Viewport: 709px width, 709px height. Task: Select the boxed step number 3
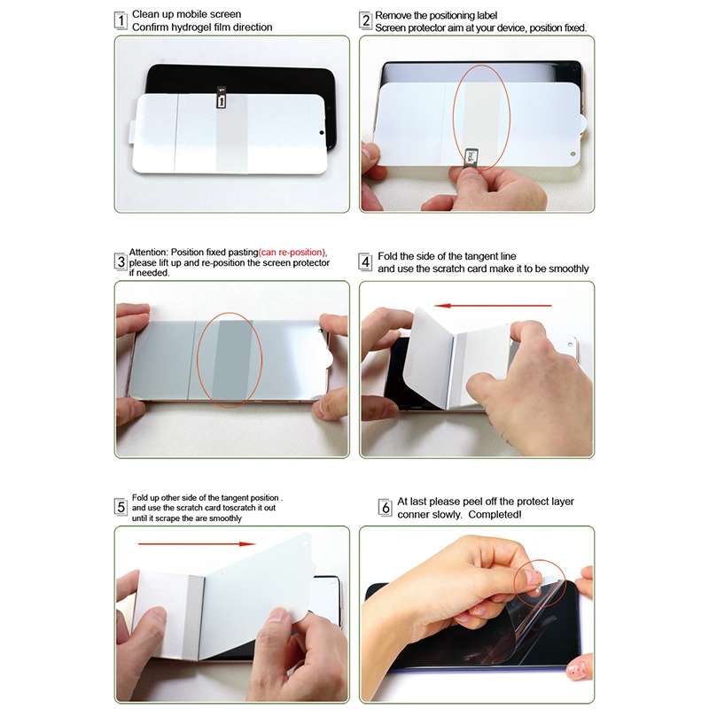pyautogui.click(x=121, y=262)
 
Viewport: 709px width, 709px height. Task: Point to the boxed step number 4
pyautogui.click(x=365, y=262)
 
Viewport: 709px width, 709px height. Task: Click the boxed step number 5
pyautogui.click(x=121, y=507)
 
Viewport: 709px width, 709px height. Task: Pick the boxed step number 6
pyautogui.click(x=385, y=508)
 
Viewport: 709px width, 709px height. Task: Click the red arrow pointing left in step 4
pyautogui.click(x=495, y=306)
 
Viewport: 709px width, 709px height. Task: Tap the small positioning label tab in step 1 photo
pyautogui.click(x=221, y=101)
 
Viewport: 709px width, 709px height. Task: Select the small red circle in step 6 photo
pyautogui.click(x=540, y=580)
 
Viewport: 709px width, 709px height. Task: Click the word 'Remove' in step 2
pyautogui.click(x=393, y=16)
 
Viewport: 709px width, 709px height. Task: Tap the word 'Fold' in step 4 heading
pyautogui.click(x=387, y=257)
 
